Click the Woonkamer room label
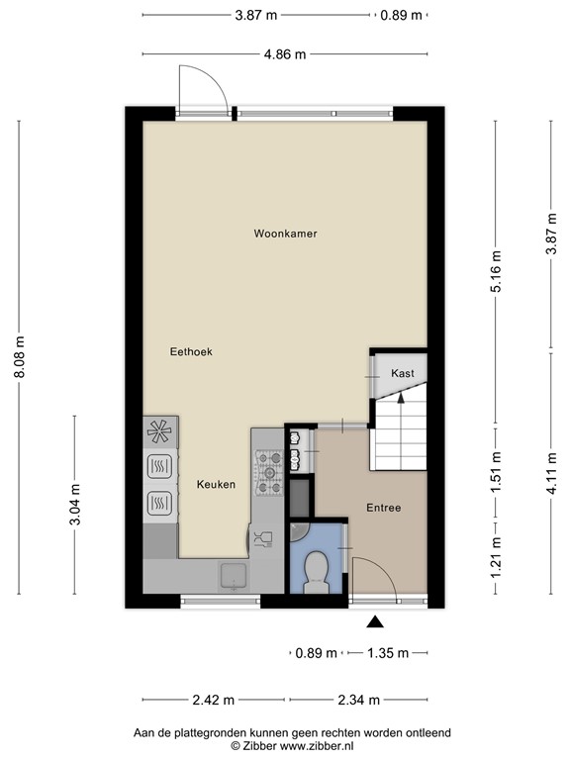[x=285, y=235]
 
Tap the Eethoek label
[x=191, y=351]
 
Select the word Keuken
[x=216, y=484]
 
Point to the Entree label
[x=383, y=508]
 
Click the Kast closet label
[x=402, y=373]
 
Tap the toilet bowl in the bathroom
[x=317, y=571]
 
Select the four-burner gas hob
[x=269, y=472]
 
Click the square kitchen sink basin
[x=234, y=573]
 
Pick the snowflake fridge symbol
[x=159, y=430]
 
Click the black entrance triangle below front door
[x=375, y=621]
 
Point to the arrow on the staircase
[x=401, y=398]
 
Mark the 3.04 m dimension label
[x=75, y=506]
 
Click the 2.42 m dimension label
[x=215, y=701]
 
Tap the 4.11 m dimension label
[x=551, y=472]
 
